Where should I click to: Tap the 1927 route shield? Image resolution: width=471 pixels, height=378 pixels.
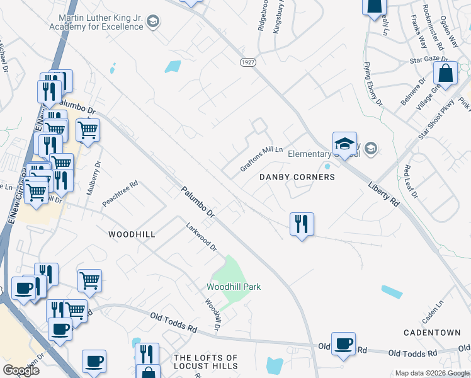click(x=247, y=62)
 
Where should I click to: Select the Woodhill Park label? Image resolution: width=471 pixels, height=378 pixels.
click(x=234, y=287)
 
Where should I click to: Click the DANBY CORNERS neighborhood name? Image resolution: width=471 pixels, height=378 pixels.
click(x=297, y=178)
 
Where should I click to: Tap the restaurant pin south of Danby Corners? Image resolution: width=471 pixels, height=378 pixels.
click(x=302, y=224)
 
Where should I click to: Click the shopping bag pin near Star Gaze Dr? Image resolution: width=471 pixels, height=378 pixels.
click(x=445, y=73)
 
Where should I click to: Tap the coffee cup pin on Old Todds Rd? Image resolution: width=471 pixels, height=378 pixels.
click(x=343, y=344)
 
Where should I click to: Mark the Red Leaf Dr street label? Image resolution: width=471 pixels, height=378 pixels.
click(x=411, y=181)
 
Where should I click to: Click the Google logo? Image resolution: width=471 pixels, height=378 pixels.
click(x=21, y=370)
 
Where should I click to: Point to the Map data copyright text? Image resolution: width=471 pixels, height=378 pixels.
click(x=432, y=373)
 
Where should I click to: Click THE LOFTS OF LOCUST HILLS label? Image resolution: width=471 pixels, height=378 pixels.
click(x=205, y=362)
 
